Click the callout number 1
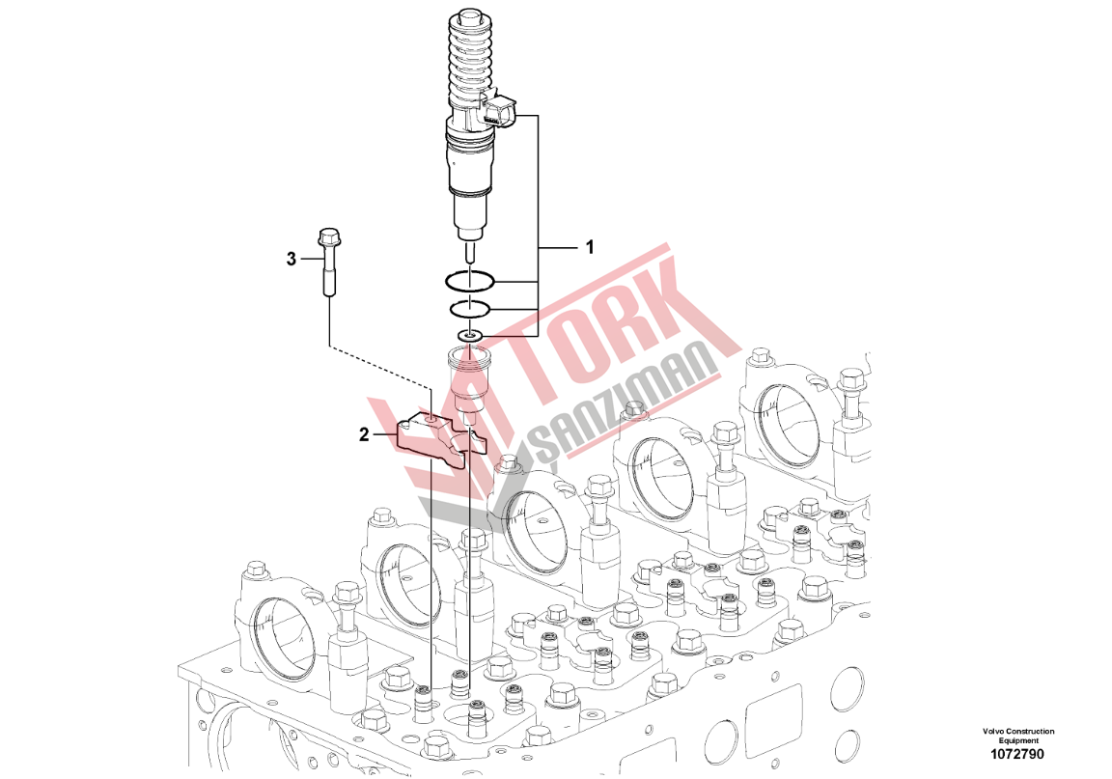click(x=589, y=247)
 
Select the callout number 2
click(x=364, y=434)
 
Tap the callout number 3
click(x=291, y=259)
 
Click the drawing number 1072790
click(x=1018, y=754)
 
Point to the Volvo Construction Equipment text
click(x=1018, y=736)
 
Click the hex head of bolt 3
click(x=327, y=235)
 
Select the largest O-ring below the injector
click(x=469, y=282)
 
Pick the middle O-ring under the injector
click(x=469, y=309)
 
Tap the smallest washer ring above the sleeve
click(x=469, y=334)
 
